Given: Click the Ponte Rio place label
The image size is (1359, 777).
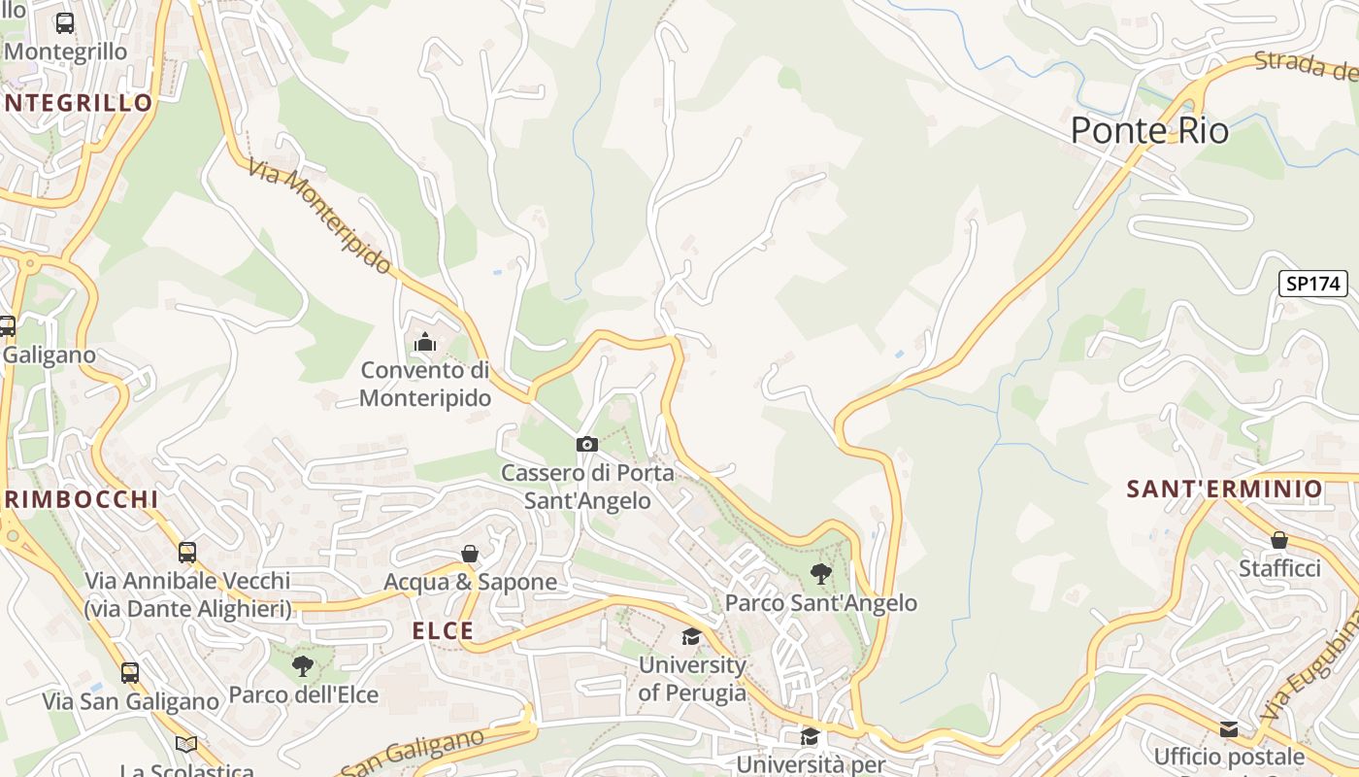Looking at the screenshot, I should (1149, 130).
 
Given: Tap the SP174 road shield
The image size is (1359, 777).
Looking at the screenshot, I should (1313, 284).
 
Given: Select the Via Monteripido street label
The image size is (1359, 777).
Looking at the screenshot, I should (319, 216).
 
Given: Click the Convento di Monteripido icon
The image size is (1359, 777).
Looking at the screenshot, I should (424, 342).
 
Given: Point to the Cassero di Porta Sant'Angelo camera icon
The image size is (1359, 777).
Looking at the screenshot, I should (586, 444).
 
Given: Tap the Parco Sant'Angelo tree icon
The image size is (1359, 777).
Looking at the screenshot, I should (821, 573).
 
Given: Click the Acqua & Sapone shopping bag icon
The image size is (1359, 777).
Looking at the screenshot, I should (470, 554).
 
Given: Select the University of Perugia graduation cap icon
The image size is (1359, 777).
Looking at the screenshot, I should (691, 636).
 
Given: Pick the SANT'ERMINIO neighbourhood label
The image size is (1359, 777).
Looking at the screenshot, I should (1224, 489).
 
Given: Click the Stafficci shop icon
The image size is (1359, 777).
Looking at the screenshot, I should (1279, 540).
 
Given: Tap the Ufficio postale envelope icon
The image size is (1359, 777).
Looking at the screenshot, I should (1229, 728).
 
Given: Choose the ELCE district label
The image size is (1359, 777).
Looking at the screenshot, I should (444, 630).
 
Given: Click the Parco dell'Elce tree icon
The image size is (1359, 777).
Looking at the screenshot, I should (303, 665).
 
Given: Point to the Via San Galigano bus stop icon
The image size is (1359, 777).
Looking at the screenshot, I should (129, 672).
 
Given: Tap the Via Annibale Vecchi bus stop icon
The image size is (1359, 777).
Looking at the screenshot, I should (187, 553).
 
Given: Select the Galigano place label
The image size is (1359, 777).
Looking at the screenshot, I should (50, 355).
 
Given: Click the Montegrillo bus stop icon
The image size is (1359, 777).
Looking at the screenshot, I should (65, 23).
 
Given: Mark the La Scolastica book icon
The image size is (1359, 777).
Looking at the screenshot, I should (186, 744).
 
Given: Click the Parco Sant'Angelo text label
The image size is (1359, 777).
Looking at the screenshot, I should (821, 603).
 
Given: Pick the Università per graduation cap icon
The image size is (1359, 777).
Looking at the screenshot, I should (810, 736).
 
